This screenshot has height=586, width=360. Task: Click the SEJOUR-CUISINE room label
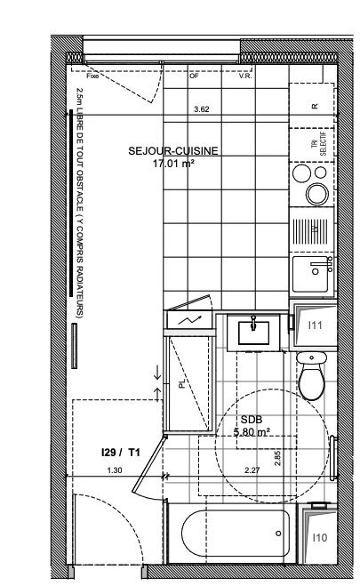pos(172,152)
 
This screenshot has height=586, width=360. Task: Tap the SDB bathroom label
pos(250,421)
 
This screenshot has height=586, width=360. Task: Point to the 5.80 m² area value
pos(251,433)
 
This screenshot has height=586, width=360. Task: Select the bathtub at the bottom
pos(236,535)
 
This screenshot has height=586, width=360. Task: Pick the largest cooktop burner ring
pos(316,193)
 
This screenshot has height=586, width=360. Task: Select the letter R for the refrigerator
pos(315,105)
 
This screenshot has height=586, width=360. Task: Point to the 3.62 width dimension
pos(202,109)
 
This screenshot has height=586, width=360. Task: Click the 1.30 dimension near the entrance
pos(113,470)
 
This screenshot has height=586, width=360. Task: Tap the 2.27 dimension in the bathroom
pos(252,470)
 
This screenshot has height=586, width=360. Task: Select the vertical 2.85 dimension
pos(278,456)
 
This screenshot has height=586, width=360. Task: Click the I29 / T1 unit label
pos(121,453)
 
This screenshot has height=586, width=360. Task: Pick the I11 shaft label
pos(315,325)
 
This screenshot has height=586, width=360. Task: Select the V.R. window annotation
pos(244,76)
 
